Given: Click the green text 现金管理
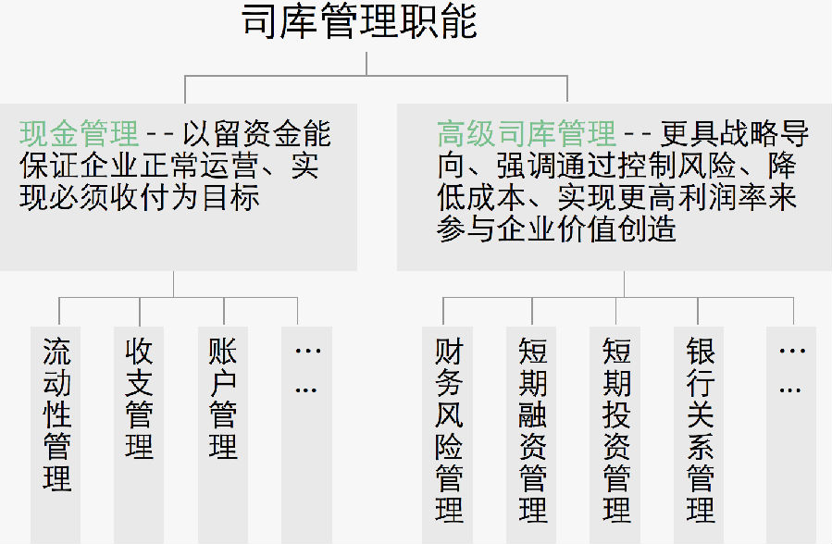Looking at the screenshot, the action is pyautogui.click(x=79, y=134).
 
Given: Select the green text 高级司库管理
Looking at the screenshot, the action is pyautogui.click(x=526, y=134).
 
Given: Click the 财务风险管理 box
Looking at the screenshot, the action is pyautogui.click(x=449, y=430).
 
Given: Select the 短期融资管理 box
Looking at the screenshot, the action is pyautogui.click(x=532, y=430).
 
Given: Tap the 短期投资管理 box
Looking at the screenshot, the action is pyautogui.click(x=616, y=430).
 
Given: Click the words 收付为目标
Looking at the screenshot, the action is pyautogui.click(x=199, y=198).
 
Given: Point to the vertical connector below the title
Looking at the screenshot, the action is pyautogui.click(x=366, y=63).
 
